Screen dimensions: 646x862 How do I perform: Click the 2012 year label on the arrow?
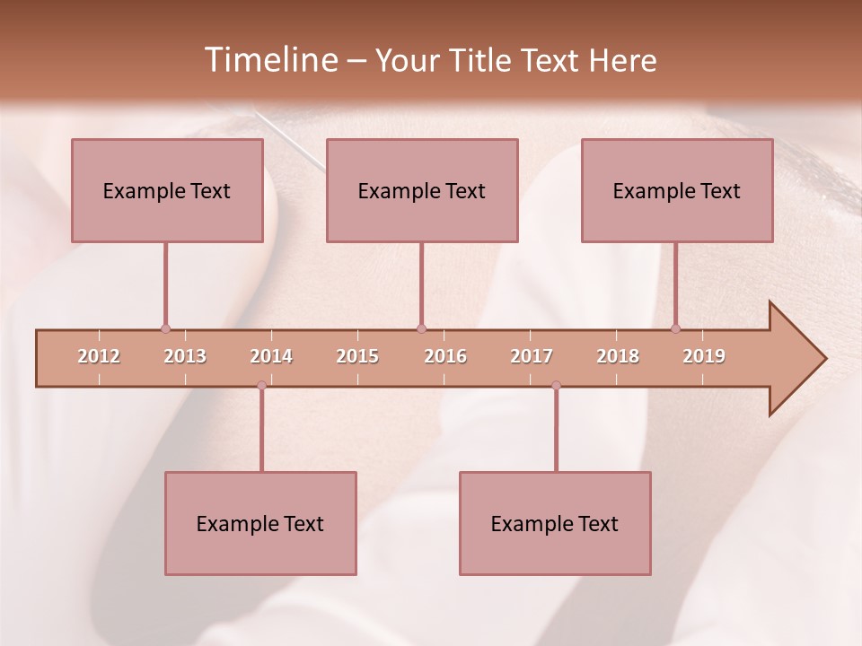[99, 356]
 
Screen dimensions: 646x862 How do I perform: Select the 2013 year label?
[185, 356]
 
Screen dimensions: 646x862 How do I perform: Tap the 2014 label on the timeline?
[271, 356]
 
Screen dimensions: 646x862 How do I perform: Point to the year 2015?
[357, 356]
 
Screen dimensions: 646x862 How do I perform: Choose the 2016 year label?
[445, 356]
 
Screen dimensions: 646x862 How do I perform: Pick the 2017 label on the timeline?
[532, 356]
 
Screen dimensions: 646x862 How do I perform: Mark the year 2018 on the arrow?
[618, 356]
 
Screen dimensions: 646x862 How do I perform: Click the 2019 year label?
[704, 356]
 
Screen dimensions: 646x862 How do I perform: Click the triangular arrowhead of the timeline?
[796, 359]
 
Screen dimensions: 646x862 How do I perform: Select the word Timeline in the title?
[269, 60]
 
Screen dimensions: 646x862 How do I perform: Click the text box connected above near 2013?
[167, 190]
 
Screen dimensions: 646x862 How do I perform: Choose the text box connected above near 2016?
[422, 190]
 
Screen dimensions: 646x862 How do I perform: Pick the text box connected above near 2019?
[677, 190]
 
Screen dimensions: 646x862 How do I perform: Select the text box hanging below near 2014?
[260, 523]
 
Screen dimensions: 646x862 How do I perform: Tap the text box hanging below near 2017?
[555, 523]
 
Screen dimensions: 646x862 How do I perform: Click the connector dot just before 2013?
[165, 329]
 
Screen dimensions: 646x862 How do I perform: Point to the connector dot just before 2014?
[261, 386]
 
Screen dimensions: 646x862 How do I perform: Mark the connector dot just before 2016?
[421, 329]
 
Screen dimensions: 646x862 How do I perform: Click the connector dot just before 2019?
[675, 329]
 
